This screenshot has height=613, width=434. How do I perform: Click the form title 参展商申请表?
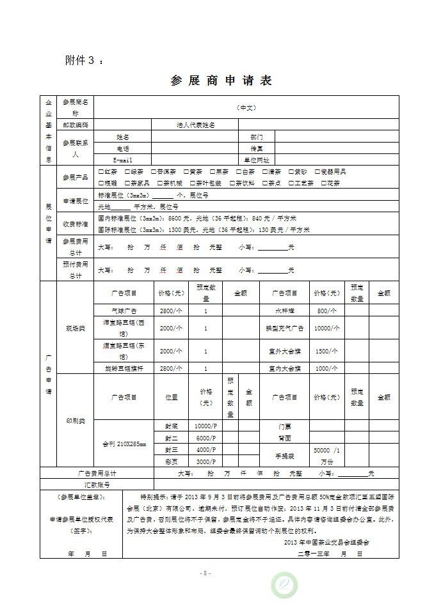point(221,81)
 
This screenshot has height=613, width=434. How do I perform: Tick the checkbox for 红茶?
point(101,172)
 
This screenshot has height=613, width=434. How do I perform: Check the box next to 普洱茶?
point(154,172)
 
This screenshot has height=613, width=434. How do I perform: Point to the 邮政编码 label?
point(76,125)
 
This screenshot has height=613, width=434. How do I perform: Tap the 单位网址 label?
point(256,160)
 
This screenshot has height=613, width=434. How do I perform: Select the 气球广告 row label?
point(124,310)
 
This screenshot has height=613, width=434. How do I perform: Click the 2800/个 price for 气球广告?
point(171,310)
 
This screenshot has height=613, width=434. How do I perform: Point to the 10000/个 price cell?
point(326,327)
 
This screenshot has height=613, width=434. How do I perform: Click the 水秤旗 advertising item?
point(284,310)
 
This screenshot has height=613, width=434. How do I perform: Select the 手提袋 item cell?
point(284,455)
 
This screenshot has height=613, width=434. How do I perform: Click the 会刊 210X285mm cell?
point(124,444)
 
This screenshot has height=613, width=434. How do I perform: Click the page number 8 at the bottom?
point(205,573)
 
